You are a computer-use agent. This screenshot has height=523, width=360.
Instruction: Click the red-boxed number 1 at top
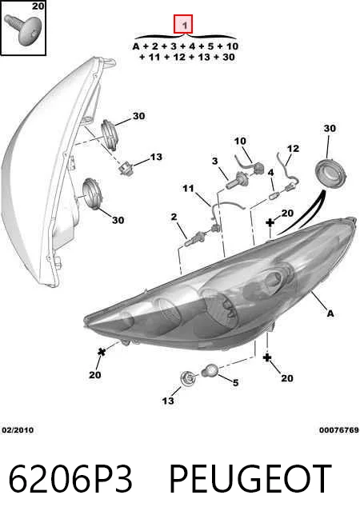click(x=183, y=24)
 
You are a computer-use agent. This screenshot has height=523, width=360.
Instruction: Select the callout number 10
click(x=240, y=141)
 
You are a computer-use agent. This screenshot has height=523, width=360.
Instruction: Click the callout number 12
click(x=293, y=149)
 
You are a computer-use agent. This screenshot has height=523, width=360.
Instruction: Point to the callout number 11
click(x=188, y=189)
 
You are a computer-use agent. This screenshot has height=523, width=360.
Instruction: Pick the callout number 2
click(x=174, y=217)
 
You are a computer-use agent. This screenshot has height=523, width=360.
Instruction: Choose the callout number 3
click(x=215, y=161)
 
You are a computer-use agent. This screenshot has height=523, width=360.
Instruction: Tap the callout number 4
click(x=271, y=173)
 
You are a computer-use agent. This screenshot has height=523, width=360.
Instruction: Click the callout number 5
click(x=235, y=382)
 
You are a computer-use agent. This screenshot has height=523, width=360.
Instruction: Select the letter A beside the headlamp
click(x=330, y=313)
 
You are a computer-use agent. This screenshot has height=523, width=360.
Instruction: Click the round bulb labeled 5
click(x=210, y=370)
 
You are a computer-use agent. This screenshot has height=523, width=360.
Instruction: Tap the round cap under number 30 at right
click(x=331, y=174)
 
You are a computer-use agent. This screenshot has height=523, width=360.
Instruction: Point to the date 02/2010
click(x=18, y=430)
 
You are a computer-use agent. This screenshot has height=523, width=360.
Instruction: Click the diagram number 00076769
click(x=339, y=430)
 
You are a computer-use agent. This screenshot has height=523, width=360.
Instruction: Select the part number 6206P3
click(x=70, y=479)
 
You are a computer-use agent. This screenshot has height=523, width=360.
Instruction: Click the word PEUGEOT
click(x=250, y=479)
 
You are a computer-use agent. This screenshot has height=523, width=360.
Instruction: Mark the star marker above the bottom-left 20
click(x=102, y=351)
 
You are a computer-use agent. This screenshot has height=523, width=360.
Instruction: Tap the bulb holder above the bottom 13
click(x=188, y=378)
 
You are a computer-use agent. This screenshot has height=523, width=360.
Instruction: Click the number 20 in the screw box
click(x=38, y=6)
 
